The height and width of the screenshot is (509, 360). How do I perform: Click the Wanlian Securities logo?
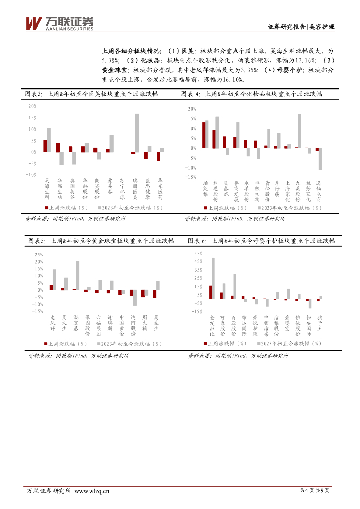point(60,22)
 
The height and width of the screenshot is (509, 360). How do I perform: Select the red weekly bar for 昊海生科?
point(45,146)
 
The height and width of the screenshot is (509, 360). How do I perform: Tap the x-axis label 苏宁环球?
point(122,189)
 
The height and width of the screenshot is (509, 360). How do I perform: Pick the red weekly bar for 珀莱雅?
point(204,135)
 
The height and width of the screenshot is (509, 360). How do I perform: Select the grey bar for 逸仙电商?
point(320,159)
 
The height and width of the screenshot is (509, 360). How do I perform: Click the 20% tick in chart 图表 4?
point(192,108)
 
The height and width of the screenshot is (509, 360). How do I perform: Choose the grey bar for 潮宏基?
point(78,275)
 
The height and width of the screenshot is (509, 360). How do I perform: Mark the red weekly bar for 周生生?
point(154,294)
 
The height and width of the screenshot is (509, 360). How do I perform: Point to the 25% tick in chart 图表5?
point(38,254)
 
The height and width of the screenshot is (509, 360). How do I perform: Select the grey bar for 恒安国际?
point(310,303)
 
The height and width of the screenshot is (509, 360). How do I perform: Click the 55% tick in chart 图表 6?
point(197,253)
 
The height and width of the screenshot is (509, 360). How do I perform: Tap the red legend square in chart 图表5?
point(46,343)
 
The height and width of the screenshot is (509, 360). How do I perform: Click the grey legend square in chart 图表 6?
point(259,343)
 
